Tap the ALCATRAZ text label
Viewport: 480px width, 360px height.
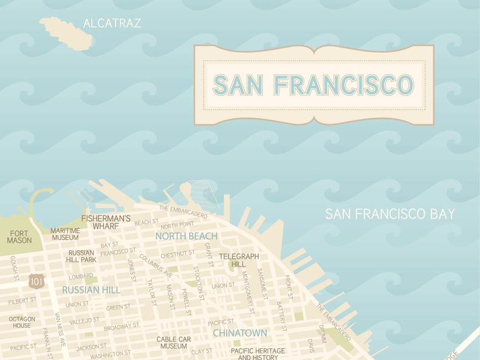[112, 24]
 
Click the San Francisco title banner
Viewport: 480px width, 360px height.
[314, 85]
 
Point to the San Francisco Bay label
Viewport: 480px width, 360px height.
[389, 214]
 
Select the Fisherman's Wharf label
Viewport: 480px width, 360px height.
[106, 222]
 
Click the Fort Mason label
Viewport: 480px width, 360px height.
[19, 237]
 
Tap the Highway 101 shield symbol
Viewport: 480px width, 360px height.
[36, 280]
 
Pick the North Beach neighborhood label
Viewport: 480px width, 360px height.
[186, 236]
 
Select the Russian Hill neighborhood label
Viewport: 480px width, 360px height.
[91, 290]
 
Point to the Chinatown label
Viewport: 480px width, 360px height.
[239, 333]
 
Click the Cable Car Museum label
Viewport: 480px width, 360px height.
[174, 342]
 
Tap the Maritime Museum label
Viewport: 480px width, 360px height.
[65, 234]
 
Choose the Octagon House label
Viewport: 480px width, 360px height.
[22, 322]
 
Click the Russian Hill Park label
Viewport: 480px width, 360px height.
[81, 256]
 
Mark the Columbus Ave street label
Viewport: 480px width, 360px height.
[156, 265]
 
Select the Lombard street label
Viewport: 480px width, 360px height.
[81, 277]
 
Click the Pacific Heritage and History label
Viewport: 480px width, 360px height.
[258, 354]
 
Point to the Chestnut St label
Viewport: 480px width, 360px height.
[177, 254]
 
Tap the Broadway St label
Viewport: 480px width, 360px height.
[122, 327]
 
